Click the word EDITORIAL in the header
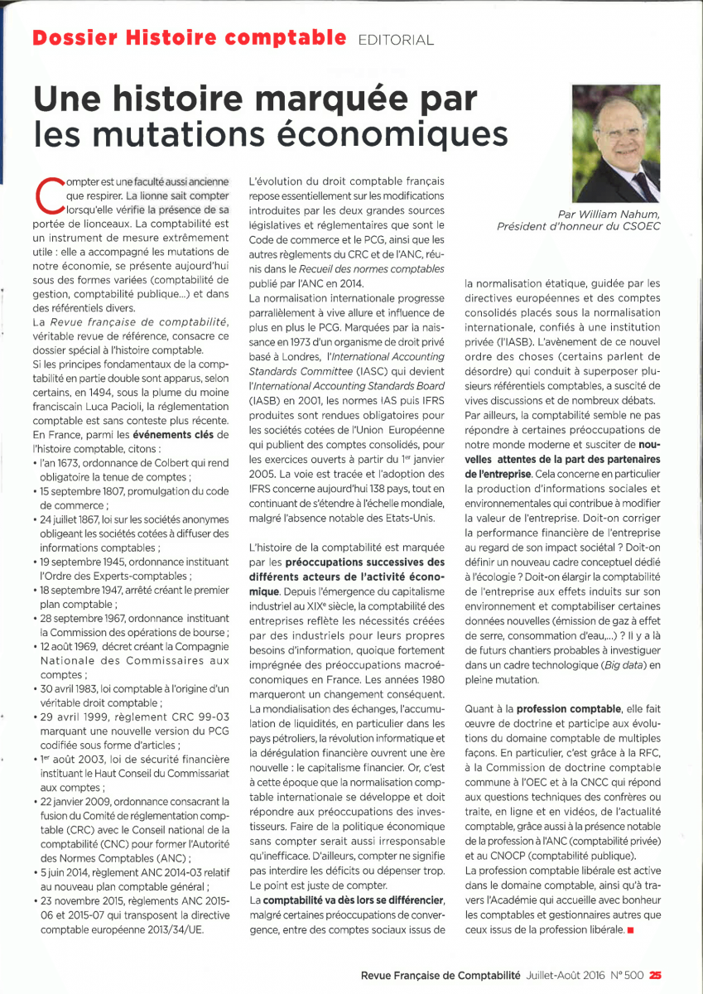[x=395, y=39]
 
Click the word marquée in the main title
[x=327, y=100]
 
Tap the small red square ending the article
[x=630, y=930]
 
